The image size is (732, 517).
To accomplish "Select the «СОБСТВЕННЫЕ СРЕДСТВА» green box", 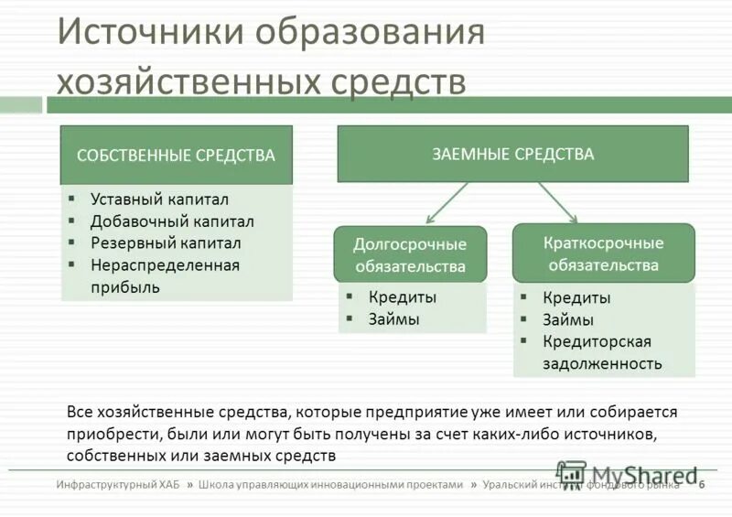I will point(176,156).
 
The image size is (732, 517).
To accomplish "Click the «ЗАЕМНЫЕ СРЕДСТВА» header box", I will point(512,154).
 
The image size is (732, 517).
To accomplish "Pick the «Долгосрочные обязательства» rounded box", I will point(410,255).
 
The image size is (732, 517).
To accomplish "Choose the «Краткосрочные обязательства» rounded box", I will point(603,253).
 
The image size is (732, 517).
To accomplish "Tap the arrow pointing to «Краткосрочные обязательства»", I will point(557,202).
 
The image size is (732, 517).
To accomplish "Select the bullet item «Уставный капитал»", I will point(159,199).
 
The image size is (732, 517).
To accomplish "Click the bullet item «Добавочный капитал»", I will point(172,221).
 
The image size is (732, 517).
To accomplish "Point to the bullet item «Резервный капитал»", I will point(166,243).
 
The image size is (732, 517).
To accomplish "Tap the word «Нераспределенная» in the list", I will point(165,265).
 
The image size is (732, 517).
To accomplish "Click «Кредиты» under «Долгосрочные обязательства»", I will point(403,297).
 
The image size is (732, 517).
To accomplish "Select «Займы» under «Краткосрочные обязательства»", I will point(568,320).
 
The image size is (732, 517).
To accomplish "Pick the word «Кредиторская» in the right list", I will point(597,341).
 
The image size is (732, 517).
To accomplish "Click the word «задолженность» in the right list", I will point(602,363).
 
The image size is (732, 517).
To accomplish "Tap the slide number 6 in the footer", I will point(701,485).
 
